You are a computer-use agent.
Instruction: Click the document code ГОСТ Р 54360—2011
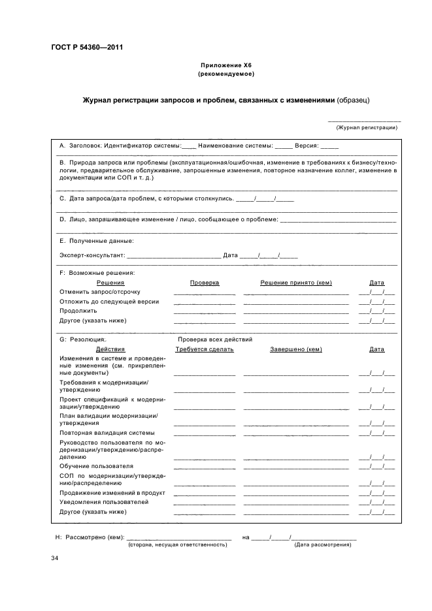tap(87, 48)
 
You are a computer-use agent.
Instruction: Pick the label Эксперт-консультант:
tap(92, 255)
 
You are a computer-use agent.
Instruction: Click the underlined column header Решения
tap(110, 282)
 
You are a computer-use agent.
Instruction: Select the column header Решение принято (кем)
tap(296, 282)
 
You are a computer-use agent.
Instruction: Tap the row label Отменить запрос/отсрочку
tap(99, 292)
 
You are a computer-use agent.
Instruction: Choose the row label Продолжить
tap(78, 311)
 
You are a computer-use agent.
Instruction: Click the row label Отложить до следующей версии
tap(108, 302)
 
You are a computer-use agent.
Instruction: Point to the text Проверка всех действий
tap(215, 339)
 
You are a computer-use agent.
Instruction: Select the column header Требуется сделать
tap(205, 349)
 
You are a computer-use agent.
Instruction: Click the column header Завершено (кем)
tap(296, 349)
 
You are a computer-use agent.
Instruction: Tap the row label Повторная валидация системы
tap(107, 433)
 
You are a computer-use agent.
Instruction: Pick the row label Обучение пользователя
tap(96, 466)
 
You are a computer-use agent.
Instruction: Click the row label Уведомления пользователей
tap(104, 502)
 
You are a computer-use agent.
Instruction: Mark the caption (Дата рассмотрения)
tap(323, 544)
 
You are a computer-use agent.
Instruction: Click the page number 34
tap(55, 559)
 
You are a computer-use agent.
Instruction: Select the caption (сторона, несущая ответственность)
tap(177, 544)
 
